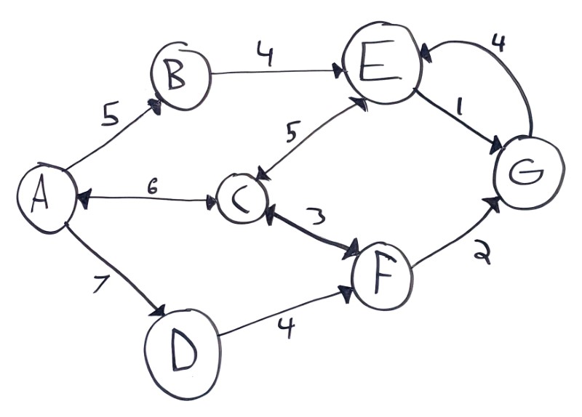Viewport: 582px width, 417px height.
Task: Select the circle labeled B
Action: (x=180, y=76)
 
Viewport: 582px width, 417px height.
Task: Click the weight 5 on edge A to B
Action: (x=111, y=116)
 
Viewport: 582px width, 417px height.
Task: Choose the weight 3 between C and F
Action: (x=315, y=216)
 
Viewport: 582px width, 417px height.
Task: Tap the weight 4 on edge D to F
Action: (x=287, y=328)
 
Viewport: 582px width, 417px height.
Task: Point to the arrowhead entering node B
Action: (x=154, y=105)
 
